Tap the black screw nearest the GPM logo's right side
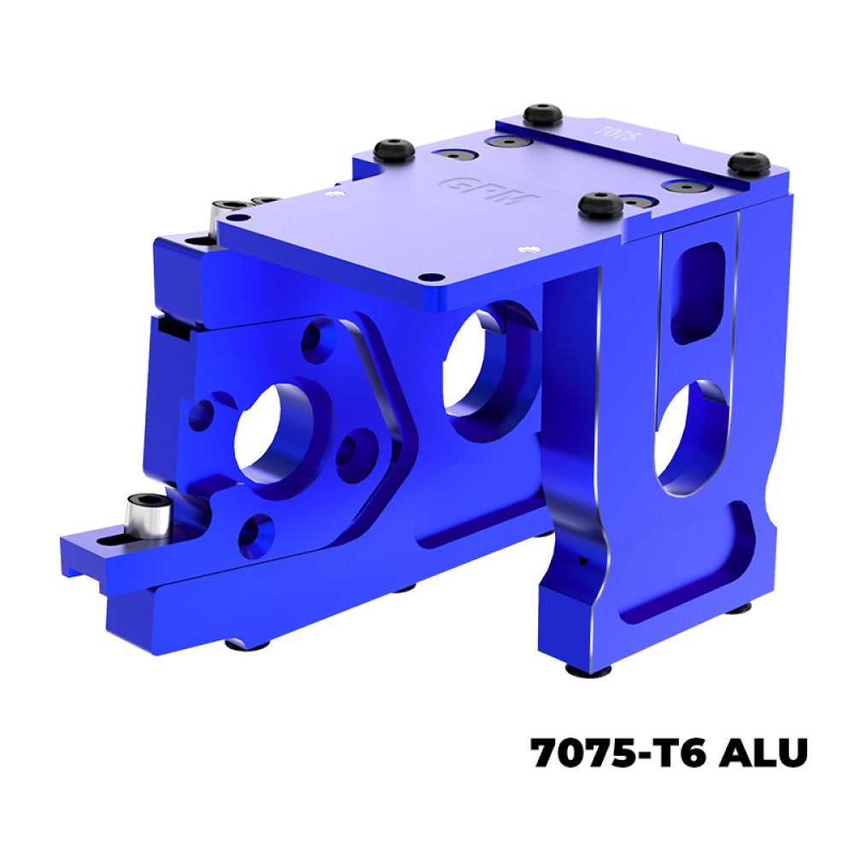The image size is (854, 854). click(x=600, y=204)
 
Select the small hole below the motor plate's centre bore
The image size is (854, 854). click(x=255, y=531)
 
